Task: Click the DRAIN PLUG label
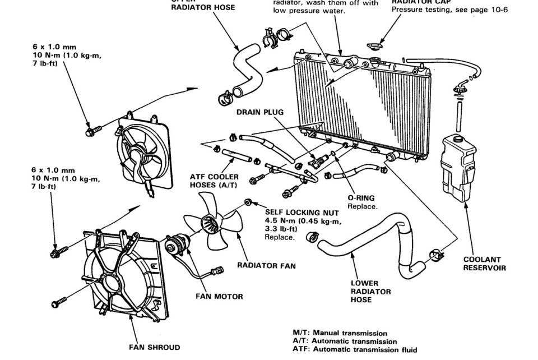point(259,112)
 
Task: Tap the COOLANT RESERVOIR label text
point(484,264)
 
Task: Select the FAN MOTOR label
point(219,296)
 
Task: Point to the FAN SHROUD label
point(155,347)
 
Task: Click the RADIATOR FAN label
point(266,265)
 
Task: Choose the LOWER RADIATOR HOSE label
point(364,292)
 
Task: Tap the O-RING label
point(361,198)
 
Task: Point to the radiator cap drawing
point(374,45)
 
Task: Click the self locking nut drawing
point(247,201)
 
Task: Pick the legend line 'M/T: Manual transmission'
point(340,333)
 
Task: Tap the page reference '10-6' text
point(497,10)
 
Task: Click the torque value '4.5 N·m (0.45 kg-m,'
point(302,220)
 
